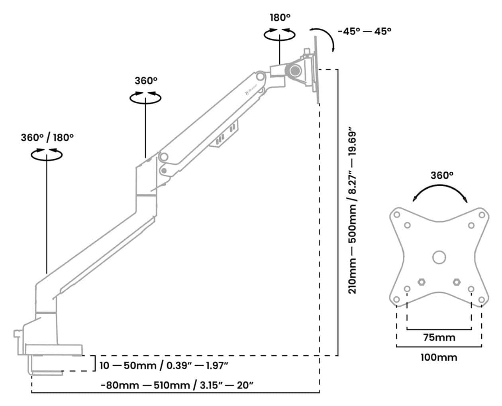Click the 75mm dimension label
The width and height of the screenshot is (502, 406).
coord(439,338)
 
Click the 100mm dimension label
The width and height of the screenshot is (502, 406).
coord(439,358)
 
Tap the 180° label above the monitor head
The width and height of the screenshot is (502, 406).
coord(280,18)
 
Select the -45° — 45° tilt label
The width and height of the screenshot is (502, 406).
coord(365,31)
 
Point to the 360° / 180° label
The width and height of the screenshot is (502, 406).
coord(47,138)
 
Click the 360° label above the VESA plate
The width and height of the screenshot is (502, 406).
coord(442,175)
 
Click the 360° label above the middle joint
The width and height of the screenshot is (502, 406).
coord(146,81)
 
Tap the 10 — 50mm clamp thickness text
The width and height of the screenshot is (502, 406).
coord(164,366)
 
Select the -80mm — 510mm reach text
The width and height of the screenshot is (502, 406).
coord(177,386)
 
